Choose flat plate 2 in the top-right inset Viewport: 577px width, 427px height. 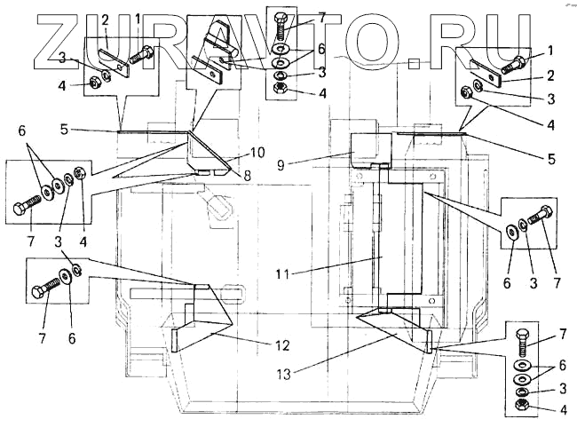point(485,70)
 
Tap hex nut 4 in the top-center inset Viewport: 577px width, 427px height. point(279,90)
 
